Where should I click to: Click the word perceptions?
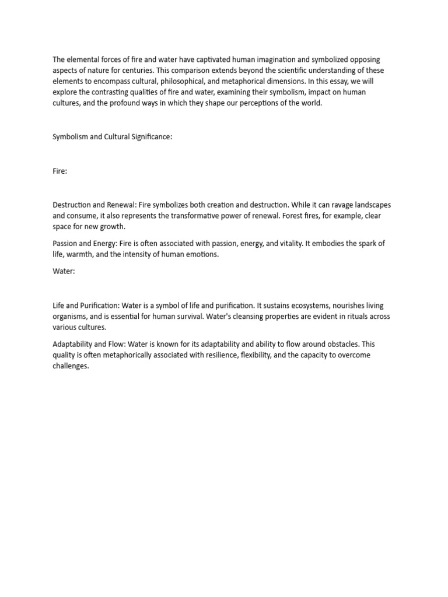click(264, 103)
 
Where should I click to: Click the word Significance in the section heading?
click(148, 137)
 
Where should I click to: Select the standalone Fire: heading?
click(60, 171)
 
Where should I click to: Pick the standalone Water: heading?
click(64, 271)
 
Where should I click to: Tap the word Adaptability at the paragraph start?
click(73, 344)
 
